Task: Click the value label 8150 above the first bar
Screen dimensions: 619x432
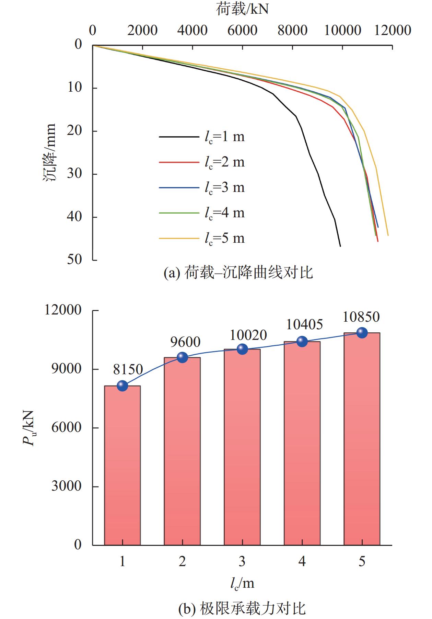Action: tap(128, 369)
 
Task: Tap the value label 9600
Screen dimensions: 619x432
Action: tap(185, 342)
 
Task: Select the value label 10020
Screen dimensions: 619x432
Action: tap(248, 335)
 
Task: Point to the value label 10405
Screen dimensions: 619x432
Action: tap(304, 324)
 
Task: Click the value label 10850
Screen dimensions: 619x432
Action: tap(361, 317)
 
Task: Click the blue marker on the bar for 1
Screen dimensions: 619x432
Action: tap(122, 386)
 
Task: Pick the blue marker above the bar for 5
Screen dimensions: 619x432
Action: tap(362, 332)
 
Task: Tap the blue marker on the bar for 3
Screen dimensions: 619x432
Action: tap(242, 349)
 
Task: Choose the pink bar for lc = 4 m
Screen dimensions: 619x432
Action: tap(302, 443)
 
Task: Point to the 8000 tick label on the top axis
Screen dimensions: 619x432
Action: tap(292, 31)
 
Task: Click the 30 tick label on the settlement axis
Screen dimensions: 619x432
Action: tap(74, 174)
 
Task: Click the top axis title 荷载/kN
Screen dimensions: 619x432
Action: tap(242, 9)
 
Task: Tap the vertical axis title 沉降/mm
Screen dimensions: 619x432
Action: tap(50, 153)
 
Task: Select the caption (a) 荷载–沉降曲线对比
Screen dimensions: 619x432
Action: tap(238, 273)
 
